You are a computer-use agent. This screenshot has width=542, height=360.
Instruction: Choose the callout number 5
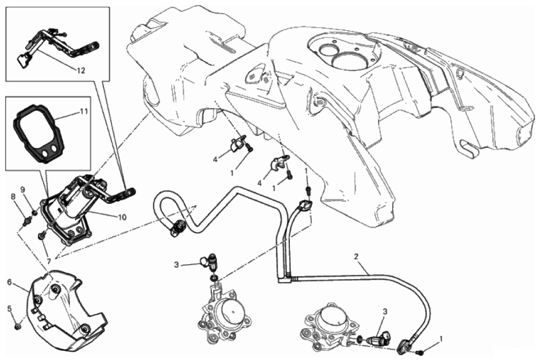[x=9, y=308]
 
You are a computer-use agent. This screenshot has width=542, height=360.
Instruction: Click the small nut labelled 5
[x=18, y=326]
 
